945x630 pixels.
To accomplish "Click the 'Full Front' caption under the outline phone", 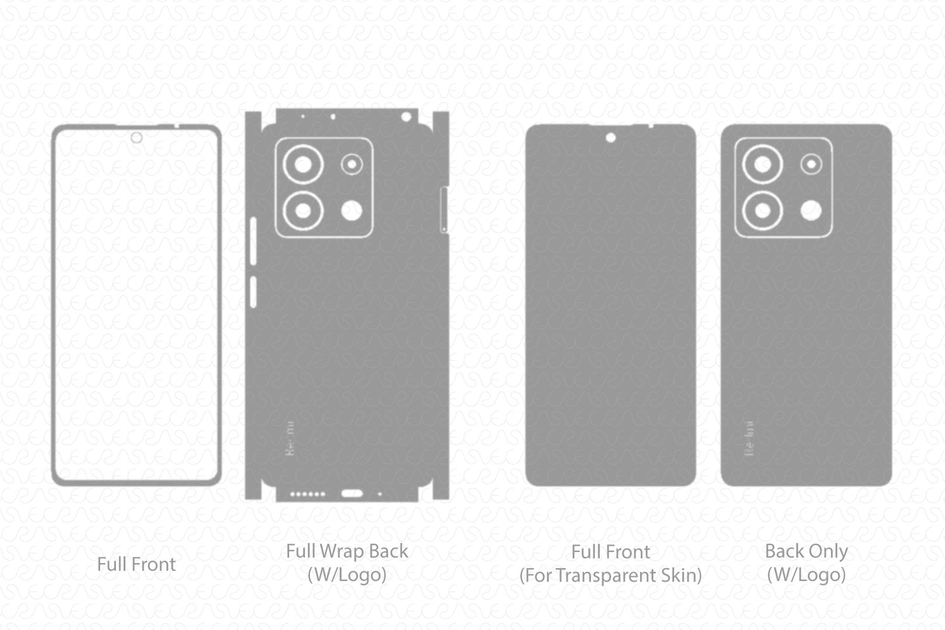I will (x=136, y=564).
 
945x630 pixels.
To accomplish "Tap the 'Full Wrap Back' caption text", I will (x=347, y=551).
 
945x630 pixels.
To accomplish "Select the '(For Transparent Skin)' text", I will (x=610, y=575).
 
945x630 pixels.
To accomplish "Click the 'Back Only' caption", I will (x=806, y=551).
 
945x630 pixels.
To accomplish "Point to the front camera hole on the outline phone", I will (x=136, y=138).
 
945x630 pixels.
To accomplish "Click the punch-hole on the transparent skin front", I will (x=610, y=138).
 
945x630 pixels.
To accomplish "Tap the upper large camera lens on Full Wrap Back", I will (x=303, y=165).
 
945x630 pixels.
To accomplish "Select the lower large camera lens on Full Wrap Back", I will (x=303, y=210).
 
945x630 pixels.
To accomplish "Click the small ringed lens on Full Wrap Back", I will (x=352, y=165).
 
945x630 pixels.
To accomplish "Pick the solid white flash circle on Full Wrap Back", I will (x=352, y=210).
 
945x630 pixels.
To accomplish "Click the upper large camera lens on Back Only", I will (x=762, y=165).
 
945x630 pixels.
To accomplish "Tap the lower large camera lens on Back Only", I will (x=762, y=210).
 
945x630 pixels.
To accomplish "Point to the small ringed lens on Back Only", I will (x=811, y=165).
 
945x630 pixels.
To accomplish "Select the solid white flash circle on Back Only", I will (x=811, y=210).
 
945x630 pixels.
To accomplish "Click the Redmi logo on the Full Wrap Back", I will (x=290, y=438).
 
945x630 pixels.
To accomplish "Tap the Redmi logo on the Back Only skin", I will (x=749, y=438).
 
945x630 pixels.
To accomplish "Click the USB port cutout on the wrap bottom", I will (x=352, y=493).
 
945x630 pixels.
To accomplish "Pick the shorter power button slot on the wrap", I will (x=254, y=292).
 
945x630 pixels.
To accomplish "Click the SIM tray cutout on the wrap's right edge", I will (x=444, y=210).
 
